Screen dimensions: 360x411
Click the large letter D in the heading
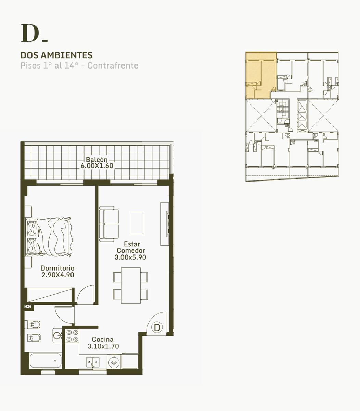(30, 33)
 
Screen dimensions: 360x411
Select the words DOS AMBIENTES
(56, 55)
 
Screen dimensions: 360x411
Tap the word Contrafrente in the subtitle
(113, 65)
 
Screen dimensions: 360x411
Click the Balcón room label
(97, 160)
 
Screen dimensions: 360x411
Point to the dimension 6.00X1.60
(97, 166)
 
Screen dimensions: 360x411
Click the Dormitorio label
(57, 268)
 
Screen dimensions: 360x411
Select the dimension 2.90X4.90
(58, 275)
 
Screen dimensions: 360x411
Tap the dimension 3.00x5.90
(130, 257)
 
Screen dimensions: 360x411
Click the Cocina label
(103, 339)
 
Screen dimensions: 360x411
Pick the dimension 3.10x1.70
(103, 346)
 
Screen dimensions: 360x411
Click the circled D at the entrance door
(157, 328)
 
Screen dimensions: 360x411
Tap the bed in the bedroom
(49, 237)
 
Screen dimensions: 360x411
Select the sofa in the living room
(109, 224)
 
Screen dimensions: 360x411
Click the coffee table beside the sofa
(137, 223)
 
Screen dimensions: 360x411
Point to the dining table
(131, 286)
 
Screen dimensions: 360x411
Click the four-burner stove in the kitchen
(72, 336)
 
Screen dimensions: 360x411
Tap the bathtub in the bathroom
(46, 361)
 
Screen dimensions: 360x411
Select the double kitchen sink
(93, 362)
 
